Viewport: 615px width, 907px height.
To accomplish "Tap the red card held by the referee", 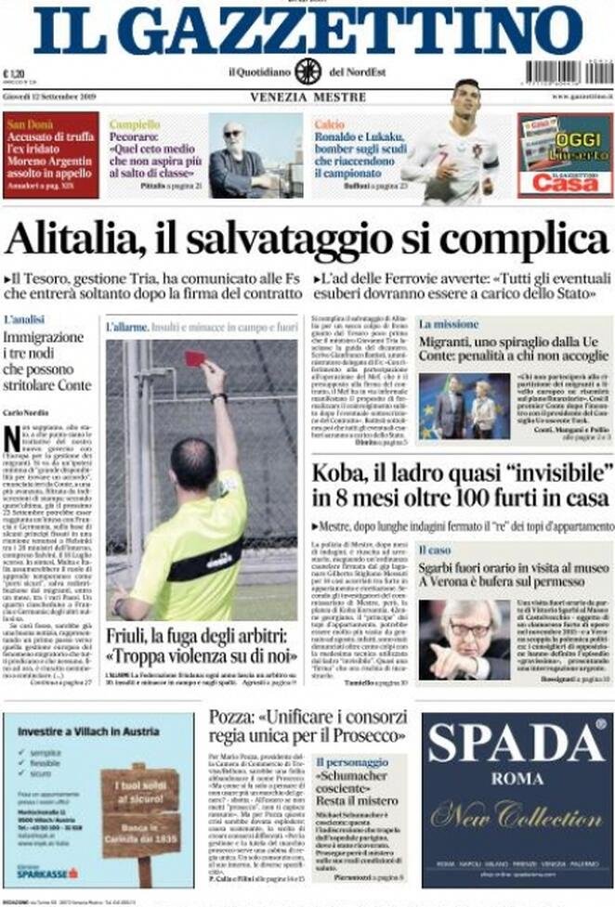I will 195,357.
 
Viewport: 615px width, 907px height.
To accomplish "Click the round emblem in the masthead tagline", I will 307,71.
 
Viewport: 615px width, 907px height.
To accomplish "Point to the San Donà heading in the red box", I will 30,123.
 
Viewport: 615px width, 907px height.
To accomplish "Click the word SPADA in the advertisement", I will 517,745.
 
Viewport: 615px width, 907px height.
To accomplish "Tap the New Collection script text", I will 517,815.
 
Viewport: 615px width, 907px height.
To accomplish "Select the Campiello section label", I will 135,123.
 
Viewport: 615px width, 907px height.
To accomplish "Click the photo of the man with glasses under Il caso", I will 464,640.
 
